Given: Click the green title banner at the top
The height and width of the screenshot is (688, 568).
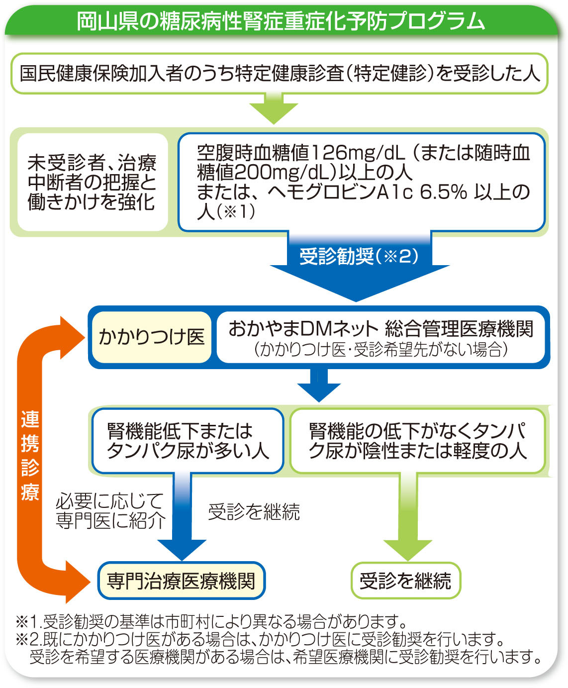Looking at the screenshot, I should tap(281, 21).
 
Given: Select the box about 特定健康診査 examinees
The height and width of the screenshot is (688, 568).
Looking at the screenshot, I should tap(279, 74).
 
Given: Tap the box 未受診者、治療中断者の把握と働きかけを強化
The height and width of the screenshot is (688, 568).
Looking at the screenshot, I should tap(92, 182).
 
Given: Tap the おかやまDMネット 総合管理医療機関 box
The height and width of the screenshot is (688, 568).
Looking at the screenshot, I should tap(380, 337).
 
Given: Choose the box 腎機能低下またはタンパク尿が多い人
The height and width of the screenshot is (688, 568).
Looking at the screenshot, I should tap(187, 441).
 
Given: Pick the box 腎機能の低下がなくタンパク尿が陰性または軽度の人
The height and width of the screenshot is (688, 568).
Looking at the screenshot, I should tap(417, 441).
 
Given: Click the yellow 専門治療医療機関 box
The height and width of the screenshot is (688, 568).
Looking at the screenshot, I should tap(181, 581).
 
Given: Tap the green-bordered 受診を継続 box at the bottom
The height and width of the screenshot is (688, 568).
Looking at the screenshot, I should tap(405, 581).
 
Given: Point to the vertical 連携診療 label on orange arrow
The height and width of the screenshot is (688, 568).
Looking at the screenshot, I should tap(30, 455).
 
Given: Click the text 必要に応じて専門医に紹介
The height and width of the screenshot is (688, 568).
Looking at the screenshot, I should tap(110, 511).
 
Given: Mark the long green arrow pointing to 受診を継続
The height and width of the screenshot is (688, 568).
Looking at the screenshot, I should tap(408, 517).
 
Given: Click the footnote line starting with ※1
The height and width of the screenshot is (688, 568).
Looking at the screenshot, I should tap(211, 621).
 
